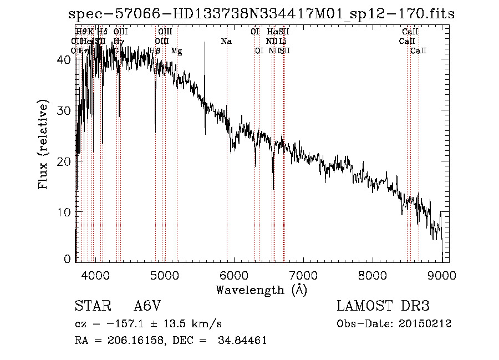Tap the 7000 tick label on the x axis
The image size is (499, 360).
click(x=303, y=274)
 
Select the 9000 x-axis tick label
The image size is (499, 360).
click(x=441, y=274)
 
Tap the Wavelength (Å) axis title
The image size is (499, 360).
click(x=261, y=290)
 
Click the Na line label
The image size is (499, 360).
click(x=226, y=42)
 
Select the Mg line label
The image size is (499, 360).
click(x=176, y=51)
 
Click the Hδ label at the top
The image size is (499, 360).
click(x=102, y=32)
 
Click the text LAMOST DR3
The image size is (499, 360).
click(x=383, y=306)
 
